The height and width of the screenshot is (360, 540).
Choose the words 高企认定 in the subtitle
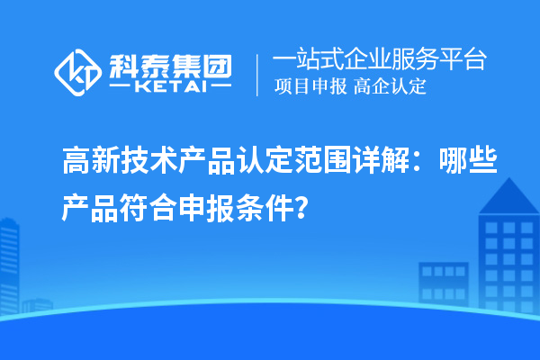[390, 87]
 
